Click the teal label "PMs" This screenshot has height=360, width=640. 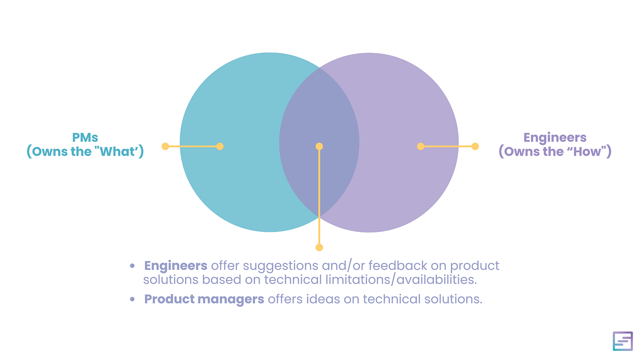point(85,137)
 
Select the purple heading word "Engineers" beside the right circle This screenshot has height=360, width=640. point(555,138)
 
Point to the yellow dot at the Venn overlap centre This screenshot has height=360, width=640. point(319,146)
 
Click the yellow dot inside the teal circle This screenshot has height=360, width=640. point(220,146)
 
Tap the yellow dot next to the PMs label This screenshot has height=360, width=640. point(165,146)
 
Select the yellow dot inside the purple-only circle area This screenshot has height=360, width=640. point(421,146)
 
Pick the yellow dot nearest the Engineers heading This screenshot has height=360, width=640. point(475,146)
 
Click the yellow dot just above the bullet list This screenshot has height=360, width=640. point(319,247)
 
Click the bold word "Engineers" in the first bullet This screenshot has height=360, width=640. point(176,266)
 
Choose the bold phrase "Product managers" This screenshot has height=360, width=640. point(204,299)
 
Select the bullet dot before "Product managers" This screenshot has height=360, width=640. point(133,299)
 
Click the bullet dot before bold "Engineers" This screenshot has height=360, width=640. point(133,266)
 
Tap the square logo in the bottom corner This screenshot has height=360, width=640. point(623,341)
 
